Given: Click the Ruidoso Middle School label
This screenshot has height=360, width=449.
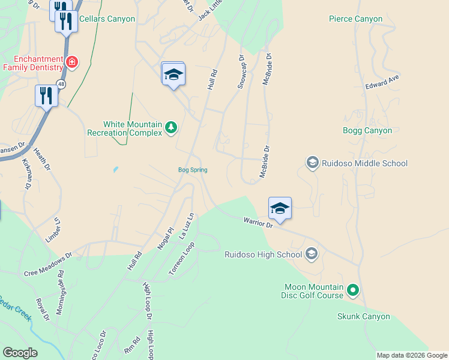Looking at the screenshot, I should point(364,163).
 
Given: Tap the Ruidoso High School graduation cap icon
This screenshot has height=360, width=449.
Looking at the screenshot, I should point(311,254).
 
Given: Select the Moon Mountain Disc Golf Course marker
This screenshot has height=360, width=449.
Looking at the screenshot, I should point(353,291).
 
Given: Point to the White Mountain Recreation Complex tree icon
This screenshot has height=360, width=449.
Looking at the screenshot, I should point(171,127).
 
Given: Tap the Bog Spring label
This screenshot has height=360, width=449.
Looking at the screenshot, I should point(193,170).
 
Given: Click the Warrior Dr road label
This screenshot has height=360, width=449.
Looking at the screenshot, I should point(258,223).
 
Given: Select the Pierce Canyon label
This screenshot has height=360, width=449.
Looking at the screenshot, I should point(355,19).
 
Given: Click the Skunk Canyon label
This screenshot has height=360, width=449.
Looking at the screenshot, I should point(363,316).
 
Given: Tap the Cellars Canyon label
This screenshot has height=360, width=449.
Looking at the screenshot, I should point(107,19).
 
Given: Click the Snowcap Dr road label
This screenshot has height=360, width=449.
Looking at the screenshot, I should point(241,73).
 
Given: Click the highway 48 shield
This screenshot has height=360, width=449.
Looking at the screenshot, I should point(61,83).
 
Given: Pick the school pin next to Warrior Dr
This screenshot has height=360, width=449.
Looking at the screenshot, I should point(280,208).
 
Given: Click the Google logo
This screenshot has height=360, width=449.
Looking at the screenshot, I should point(20,353).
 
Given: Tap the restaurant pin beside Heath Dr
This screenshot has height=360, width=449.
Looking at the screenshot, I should point(46,95).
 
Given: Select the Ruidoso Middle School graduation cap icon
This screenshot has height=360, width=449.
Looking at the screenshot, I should point(312,163).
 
